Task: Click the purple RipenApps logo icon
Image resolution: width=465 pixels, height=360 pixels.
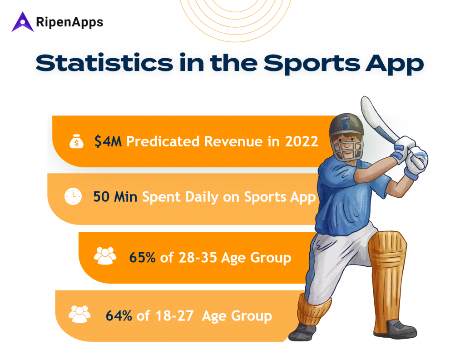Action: coord(23,22)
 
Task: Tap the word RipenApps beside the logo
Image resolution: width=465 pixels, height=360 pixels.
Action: coord(69,21)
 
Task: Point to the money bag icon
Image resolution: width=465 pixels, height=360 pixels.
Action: coord(76,141)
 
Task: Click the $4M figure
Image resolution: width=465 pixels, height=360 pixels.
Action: coord(108,141)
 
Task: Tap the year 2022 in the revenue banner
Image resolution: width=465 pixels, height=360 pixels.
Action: coord(302,141)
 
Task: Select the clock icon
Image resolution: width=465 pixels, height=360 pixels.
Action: coord(73,197)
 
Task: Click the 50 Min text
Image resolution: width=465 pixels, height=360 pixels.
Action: coord(116,197)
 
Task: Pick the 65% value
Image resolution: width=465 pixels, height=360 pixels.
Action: coord(143,258)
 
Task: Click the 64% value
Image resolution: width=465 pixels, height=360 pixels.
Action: coord(119,315)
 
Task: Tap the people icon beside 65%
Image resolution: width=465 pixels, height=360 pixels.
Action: coord(105,256)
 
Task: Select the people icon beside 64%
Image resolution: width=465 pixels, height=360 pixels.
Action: coord(79,314)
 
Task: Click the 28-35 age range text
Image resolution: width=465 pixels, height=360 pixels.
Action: coord(197,258)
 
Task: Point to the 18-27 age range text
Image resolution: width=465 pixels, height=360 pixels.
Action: coord(174,315)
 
